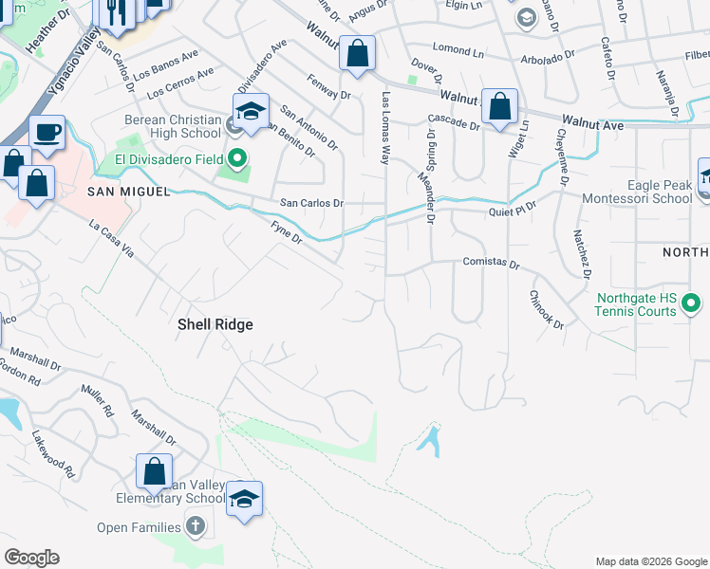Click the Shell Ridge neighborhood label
click(215, 324)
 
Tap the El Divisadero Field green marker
click(236, 156)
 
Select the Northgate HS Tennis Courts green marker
click(691, 304)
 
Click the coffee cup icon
click(47, 133)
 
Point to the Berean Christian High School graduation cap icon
click(251, 112)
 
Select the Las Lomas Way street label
click(385, 128)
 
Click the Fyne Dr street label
click(286, 231)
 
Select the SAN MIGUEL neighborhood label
click(115, 192)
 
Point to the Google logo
click(31, 558)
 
